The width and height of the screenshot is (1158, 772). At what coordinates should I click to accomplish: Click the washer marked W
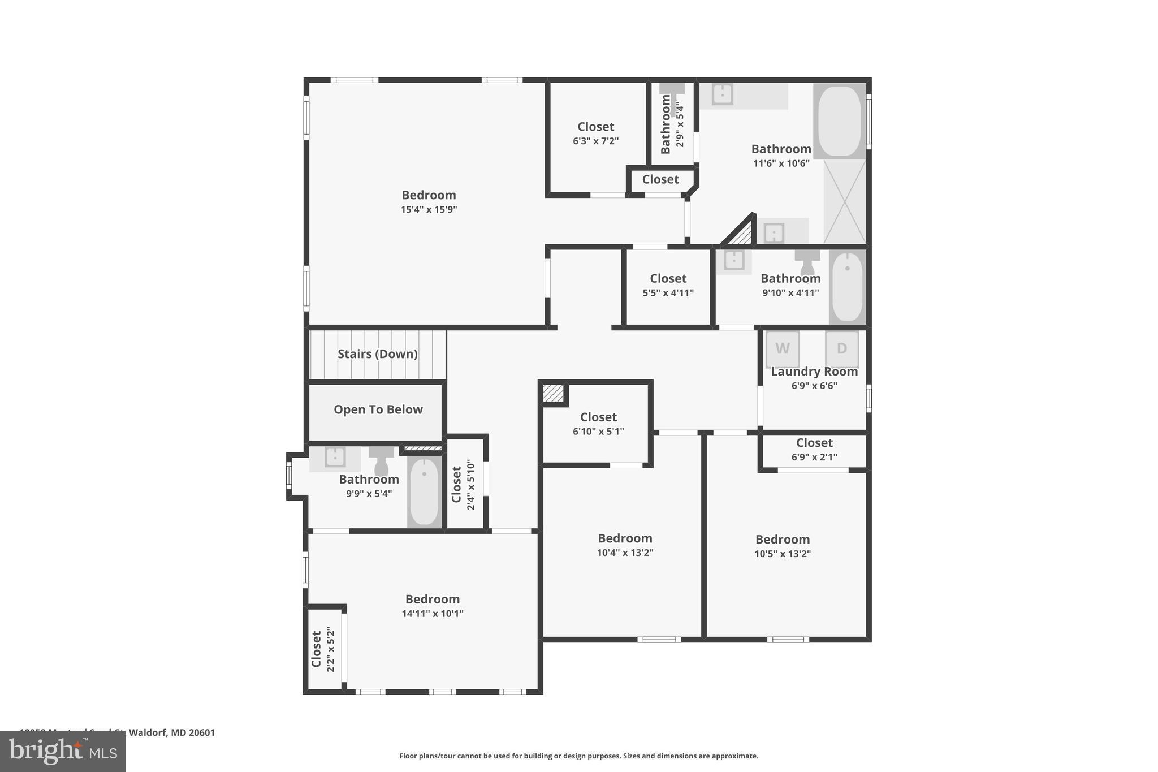tap(782, 348)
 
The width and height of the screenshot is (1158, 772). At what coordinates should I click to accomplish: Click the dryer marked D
tap(841, 348)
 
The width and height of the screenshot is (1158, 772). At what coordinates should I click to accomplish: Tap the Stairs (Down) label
tap(377, 354)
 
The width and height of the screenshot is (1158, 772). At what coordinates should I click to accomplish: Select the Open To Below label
tap(378, 409)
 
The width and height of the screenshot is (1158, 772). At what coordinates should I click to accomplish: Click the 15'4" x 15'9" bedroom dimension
tap(429, 210)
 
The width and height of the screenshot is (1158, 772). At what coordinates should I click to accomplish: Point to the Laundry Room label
tap(814, 372)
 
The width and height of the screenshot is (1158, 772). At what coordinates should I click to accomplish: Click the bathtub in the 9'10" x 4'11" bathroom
tap(847, 287)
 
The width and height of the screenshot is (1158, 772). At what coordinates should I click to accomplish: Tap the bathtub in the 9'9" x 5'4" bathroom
tap(424, 491)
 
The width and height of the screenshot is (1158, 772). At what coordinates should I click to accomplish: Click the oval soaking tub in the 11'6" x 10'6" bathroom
tap(839, 121)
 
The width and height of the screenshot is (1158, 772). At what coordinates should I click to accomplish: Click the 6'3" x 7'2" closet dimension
tap(595, 141)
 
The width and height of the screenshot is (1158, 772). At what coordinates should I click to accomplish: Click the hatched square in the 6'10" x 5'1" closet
tap(553, 393)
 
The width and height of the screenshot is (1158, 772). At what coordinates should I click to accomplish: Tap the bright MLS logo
tap(62, 751)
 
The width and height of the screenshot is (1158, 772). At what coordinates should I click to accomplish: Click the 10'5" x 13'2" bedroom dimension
tap(782, 554)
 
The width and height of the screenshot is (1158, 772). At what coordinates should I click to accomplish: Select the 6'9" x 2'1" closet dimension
tap(814, 457)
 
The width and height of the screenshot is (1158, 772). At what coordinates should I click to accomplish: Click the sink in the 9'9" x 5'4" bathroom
tap(335, 457)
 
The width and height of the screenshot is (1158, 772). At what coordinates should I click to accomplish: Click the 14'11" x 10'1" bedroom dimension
tap(432, 614)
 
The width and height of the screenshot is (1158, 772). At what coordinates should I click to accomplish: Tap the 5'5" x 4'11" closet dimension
tap(668, 293)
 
